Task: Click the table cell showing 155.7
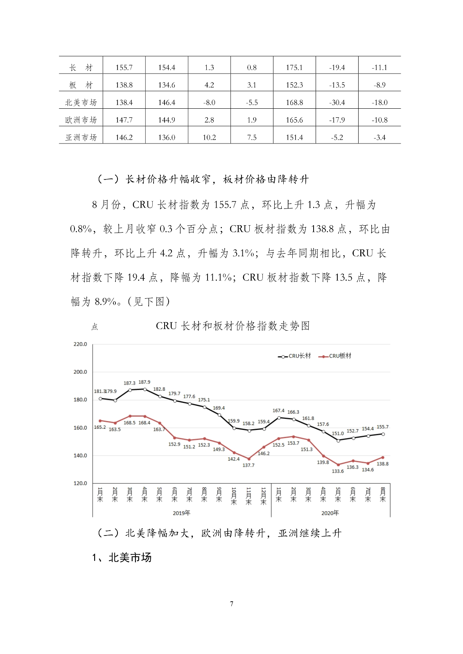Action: pyautogui.click(x=124, y=67)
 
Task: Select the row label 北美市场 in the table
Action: pyautogui.click(x=81, y=103)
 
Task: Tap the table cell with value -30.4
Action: pyautogui.click(x=337, y=103)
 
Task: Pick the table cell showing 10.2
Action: pyautogui.click(x=209, y=138)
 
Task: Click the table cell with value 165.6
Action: pyautogui.click(x=294, y=120)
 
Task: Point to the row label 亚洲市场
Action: pyautogui.click(x=81, y=138)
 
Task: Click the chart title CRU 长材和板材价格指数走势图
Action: pyautogui.click(x=233, y=326)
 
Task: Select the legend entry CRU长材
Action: pyautogui.click(x=295, y=356)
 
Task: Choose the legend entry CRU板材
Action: pyautogui.click(x=335, y=356)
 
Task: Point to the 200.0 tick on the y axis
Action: pyautogui.click(x=80, y=372)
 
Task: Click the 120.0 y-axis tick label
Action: pyautogui.click(x=80, y=483)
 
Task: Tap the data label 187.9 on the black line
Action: pyautogui.click(x=144, y=382)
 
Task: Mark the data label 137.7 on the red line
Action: pyautogui.click(x=248, y=465)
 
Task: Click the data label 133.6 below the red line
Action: pyautogui.click(x=338, y=471)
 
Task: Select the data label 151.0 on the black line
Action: pyautogui.click(x=338, y=433)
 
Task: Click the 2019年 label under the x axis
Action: pyautogui.click(x=181, y=513)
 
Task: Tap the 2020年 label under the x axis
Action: pyautogui.click(x=330, y=513)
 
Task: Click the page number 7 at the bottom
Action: pyautogui.click(x=232, y=604)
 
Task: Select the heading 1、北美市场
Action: pyautogui.click(x=122, y=558)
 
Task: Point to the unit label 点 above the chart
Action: pyautogui.click(x=95, y=327)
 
